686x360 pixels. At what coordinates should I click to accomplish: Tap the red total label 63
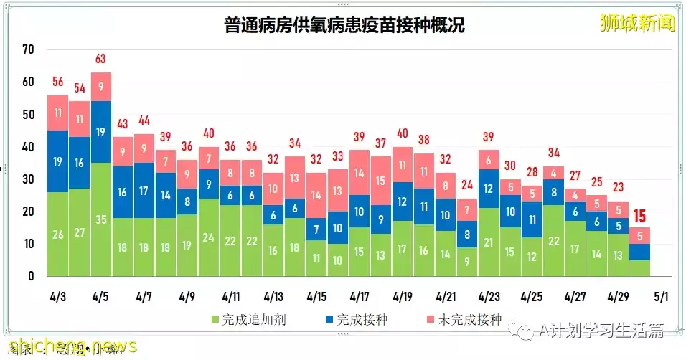[100, 59]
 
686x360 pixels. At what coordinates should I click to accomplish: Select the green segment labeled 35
[100, 219]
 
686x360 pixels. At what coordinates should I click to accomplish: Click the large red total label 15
[640, 214]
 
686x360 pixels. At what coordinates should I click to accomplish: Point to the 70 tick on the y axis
[29, 49]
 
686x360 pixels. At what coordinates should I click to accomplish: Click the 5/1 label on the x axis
[661, 296]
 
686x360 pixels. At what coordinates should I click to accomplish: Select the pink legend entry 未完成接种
[466, 319]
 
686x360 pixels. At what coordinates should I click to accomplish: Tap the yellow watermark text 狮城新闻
[638, 23]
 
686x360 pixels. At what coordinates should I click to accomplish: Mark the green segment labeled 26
[57, 234]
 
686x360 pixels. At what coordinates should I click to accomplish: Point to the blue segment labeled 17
[144, 191]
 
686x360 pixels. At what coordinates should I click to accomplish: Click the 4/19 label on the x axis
[403, 296]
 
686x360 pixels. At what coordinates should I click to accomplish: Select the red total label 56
[57, 82]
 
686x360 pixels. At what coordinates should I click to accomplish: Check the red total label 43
[122, 123]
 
